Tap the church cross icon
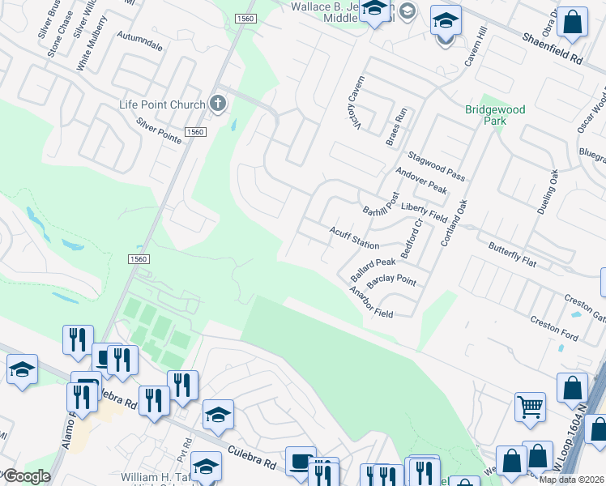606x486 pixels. point(217,104)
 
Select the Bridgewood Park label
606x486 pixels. point(495,115)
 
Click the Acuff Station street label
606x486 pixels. point(354,238)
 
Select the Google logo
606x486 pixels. point(26,476)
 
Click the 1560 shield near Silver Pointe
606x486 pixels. point(194,132)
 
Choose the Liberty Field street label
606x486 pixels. point(425,214)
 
